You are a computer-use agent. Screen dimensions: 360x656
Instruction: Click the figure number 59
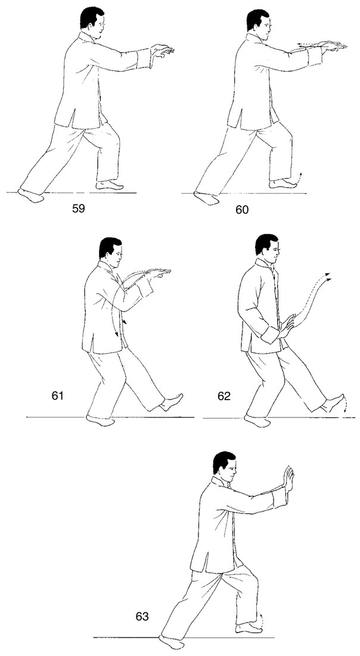tap(79, 208)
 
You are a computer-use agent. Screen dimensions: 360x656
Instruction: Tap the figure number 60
tap(242, 209)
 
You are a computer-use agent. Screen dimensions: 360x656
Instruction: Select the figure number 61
tap(57, 395)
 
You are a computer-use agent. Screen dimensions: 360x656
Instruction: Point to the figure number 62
tap(224, 396)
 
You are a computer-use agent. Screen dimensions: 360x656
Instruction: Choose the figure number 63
tap(142, 617)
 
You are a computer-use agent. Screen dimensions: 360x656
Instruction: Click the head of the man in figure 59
tap(92, 22)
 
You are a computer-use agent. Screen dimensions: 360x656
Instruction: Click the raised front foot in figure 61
tap(172, 402)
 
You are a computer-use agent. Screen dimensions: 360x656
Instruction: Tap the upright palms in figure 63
tap(288, 479)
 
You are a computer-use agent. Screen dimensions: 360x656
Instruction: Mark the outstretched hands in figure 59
tap(162, 51)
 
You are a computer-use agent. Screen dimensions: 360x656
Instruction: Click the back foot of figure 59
tap(31, 196)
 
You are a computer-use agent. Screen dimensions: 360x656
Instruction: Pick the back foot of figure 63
tap(172, 642)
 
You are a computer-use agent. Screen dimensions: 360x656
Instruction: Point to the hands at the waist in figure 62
tap(288, 326)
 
